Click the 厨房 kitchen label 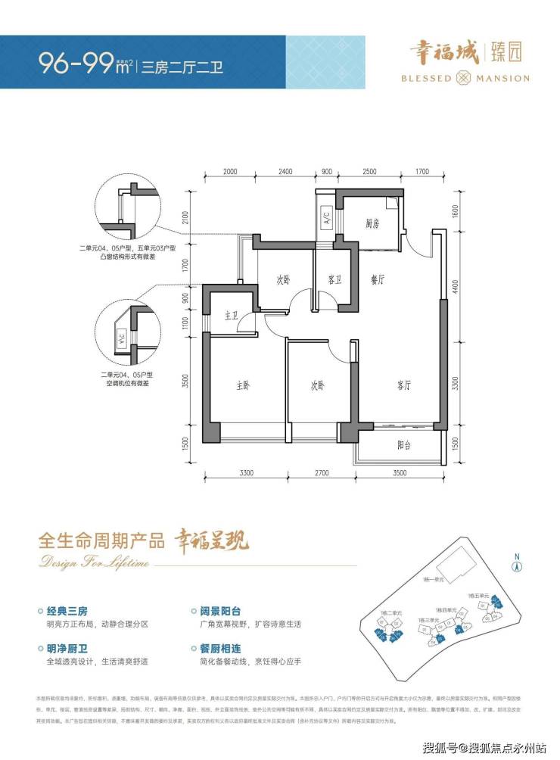pyautogui.click(x=371, y=223)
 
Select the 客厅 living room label pyautogui.click(x=402, y=385)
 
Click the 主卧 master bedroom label pyautogui.click(x=242, y=385)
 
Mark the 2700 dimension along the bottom pyautogui.click(x=319, y=475)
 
